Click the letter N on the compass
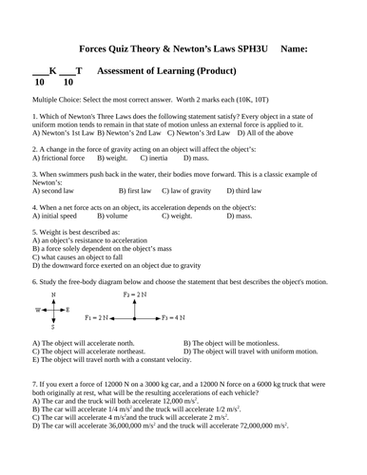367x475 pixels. point(53,296)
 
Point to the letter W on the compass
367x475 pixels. point(39,311)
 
